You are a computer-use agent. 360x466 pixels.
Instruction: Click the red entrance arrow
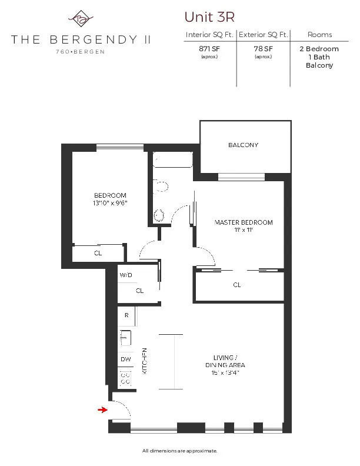(x=103, y=410)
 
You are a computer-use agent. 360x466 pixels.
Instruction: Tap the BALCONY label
(x=243, y=145)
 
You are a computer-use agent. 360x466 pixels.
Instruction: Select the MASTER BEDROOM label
(x=244, y=222)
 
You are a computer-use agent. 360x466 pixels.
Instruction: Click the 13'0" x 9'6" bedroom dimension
(x=111, y=203)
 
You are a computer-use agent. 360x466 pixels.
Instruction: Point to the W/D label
(x=125, y=275)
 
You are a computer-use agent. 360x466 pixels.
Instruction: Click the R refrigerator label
(x=126, y=315)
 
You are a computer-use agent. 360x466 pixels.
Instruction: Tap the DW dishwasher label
(x=125, y=359)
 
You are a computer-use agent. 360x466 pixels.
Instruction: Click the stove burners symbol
(x=125, y=378)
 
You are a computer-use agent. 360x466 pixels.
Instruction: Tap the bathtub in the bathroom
(x=172, y=160)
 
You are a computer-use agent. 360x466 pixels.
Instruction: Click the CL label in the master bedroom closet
(x=237, y=285)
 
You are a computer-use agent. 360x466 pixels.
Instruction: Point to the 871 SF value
(x=209, y=49)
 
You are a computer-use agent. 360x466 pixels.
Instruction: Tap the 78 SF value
(x=262, y=49)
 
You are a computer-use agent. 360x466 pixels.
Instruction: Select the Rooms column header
(x=319, y=35)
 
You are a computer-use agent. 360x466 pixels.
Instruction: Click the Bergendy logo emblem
(x=81, y=19)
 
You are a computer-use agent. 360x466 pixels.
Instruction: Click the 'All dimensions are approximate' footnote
(x=179, y=451)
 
